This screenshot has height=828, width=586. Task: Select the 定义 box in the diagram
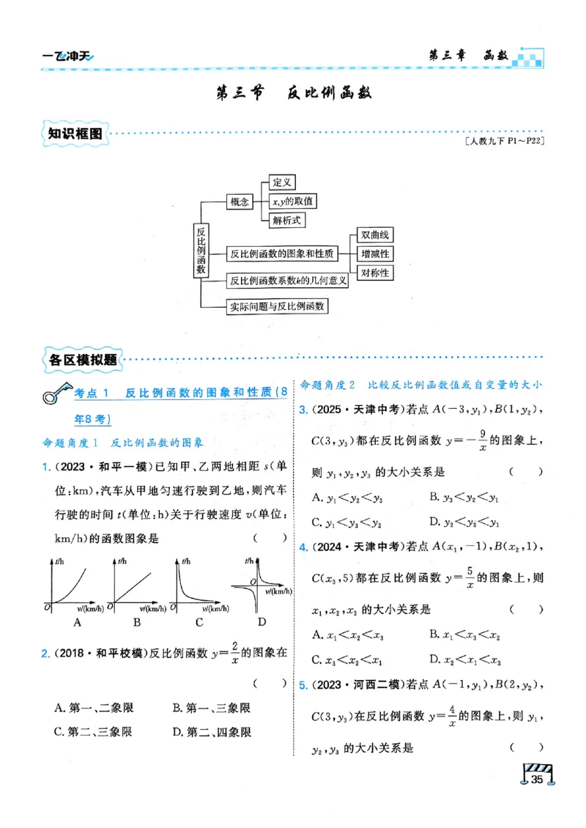pos(282,182)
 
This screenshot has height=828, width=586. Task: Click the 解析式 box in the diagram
pos(287,219)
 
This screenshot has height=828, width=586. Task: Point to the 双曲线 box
pos(374,235)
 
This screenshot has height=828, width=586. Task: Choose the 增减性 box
pos(374,254)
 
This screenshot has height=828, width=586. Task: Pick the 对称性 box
pos(374,273)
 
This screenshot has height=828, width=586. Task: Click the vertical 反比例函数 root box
pos(201,251)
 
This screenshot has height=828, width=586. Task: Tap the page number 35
pos(537,779)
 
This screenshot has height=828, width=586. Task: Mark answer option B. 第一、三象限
pos(212,708)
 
